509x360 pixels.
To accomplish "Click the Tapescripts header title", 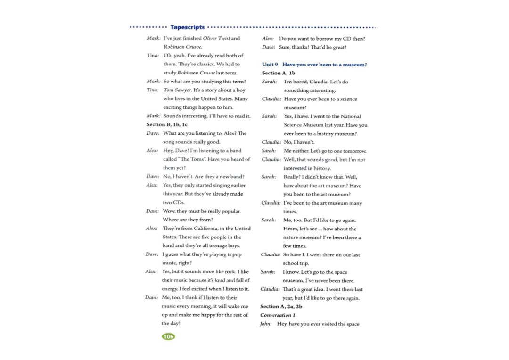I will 188,27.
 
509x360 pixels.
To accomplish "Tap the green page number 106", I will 168,336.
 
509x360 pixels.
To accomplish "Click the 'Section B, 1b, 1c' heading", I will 167,124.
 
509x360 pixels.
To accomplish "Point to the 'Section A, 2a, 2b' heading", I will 281,306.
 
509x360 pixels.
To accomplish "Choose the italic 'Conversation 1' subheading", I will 278,315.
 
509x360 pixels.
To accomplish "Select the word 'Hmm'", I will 291,229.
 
